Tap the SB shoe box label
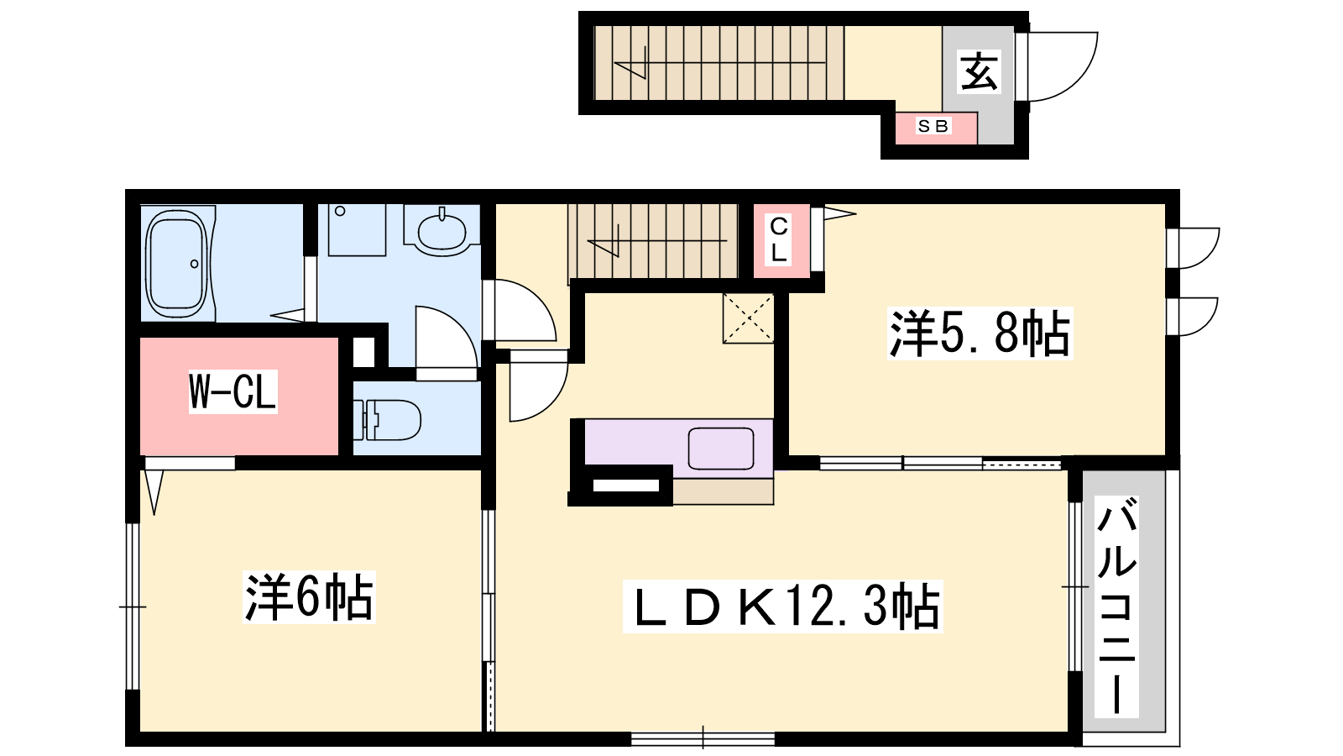click(x=933, y=126)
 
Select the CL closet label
click(x=779, y=240)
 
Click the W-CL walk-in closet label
click(x=233, y=391)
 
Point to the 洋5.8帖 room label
click(x=980, y=333)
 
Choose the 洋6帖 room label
click(x=309, y=597)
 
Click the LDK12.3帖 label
click(x=782, y=606)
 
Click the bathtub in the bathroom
click(x=178, y=264)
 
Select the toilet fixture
click(x=387, y=420)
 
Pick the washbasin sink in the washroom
click(x=442, y=230)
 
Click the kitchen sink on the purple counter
click(x=721, y=449)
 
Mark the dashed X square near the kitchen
click(x=748, y=318)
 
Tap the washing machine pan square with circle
click(x=357, y=230)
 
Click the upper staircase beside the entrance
click(x=719, y=63)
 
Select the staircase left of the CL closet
click(x=653, y=241)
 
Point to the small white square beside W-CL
click(x=363, y=353)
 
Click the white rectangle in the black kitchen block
click(x=625, y=486)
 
